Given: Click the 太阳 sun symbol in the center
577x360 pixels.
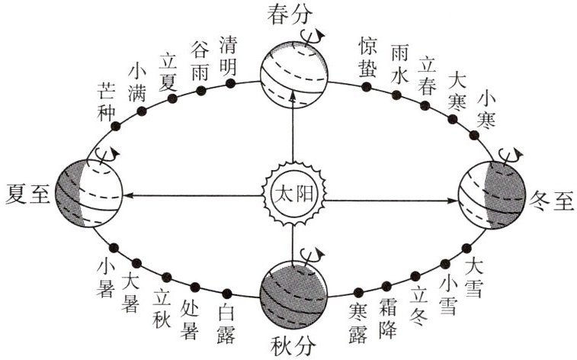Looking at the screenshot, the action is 293,194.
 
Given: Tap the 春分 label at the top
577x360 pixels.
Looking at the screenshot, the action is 293,15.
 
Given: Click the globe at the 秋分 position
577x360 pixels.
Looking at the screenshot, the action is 293,293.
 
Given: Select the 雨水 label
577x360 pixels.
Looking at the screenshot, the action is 399,63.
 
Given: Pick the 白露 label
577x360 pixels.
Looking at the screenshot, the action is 226,322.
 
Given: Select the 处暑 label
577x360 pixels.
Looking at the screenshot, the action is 190,318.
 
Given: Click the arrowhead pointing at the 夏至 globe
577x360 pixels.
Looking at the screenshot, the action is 129,195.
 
